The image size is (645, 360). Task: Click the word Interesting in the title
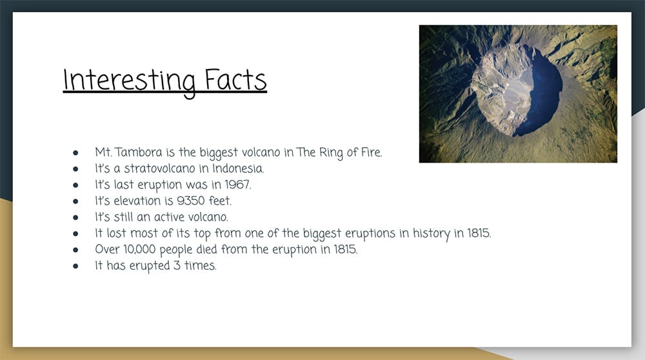click(x=129, y=81)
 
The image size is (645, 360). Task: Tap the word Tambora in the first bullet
click(x=138, y=152)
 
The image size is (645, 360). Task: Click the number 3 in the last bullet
click(x=177, y=265)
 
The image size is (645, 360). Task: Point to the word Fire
click(x=372, y=152)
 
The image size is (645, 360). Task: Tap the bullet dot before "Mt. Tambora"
click(x=75, y=153)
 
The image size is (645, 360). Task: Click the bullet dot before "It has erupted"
click(x=75, y=266)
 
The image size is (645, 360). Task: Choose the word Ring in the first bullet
click(x=331, y=153)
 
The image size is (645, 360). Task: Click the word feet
click(x=220, y=201)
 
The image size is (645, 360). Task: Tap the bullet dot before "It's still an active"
click(x=75, y=217)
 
